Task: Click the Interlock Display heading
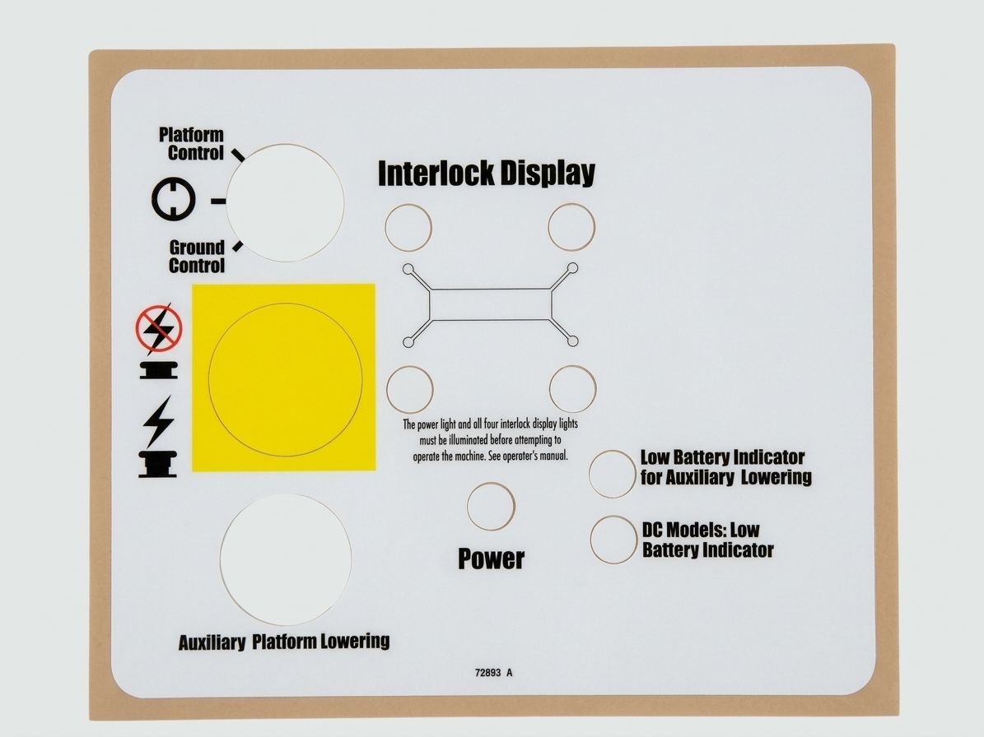click(487, 173)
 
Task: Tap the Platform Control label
click(191, 143)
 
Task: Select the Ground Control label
click(197, 257)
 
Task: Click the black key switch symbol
click(173, 199)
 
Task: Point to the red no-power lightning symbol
click(159, 328)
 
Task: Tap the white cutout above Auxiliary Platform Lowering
click(286, 559)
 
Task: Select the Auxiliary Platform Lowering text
click(283, 642)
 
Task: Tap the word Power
click(491, 559)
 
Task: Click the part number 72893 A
click(493, 673)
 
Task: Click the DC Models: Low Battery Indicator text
click(707, 540)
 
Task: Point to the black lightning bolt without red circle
click(158, 421)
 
